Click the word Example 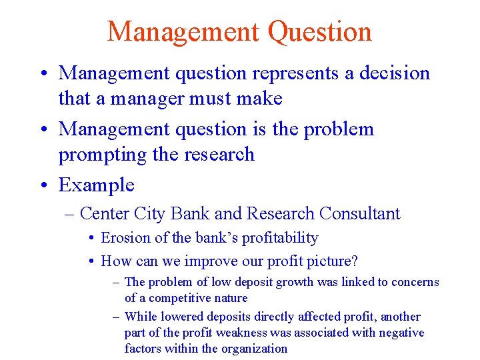coord(96,185)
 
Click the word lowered coord(182,317)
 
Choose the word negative coord(401,332)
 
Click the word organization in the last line coord(254,348)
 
